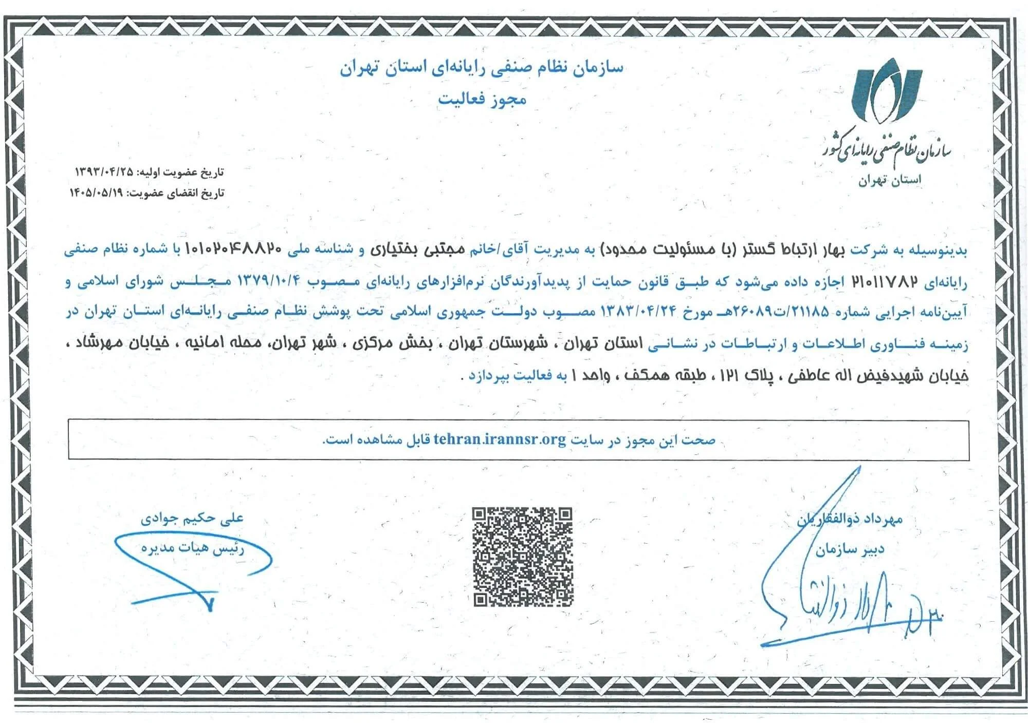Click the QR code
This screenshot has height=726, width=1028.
click(x=522, y=557)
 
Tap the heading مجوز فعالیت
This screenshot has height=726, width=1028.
click(x=482, y=99)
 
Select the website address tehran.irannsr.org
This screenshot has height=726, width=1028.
click(x=500, y=440)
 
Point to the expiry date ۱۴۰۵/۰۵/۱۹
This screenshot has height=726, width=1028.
click(x=98, y=193)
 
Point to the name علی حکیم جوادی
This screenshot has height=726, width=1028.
click(x=192, y=518)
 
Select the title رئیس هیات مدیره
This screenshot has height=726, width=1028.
click(x=193, y=548)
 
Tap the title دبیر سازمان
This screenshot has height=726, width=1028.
click(x=850, y=550)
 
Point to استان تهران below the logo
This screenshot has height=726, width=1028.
click(x=890, y=180)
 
